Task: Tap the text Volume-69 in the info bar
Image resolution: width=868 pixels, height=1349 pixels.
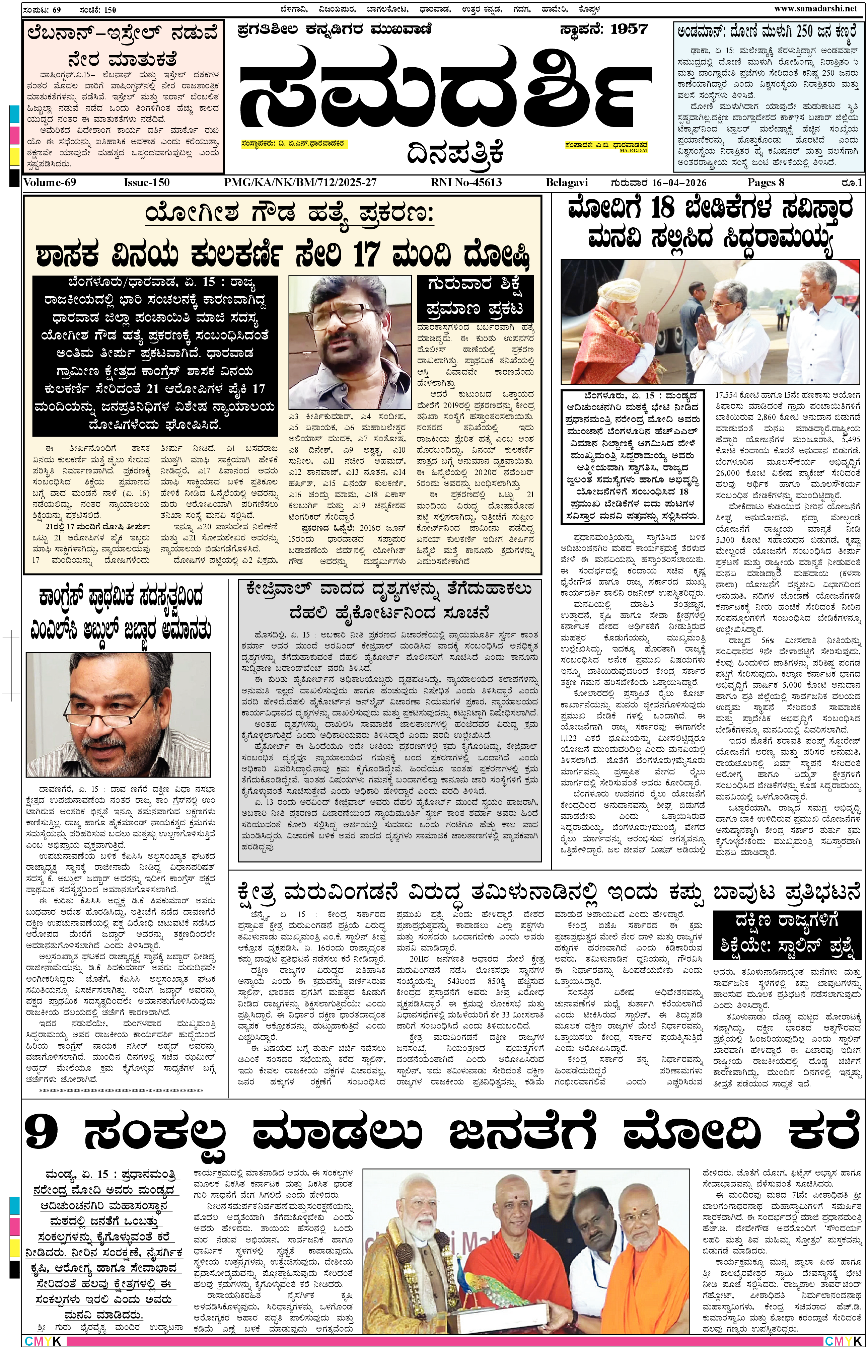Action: pyautogui.click(x=50, y=182)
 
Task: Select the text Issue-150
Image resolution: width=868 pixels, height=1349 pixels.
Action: pyautogui.click(x=147, y=182)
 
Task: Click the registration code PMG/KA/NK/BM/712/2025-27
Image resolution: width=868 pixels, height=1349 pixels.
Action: pyautogui.click(x=300, y=182)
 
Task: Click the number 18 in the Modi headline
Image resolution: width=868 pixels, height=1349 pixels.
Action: pyautogui.click(x=662, y=209)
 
